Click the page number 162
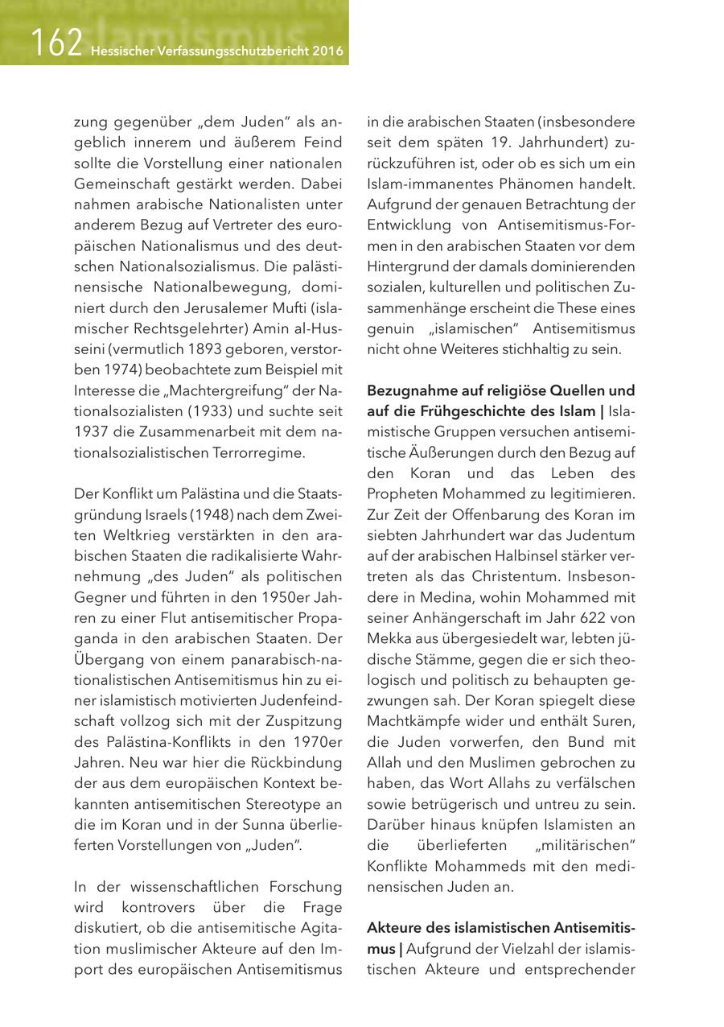tap(56, 43)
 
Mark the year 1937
tap(91, 431)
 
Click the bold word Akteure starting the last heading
tap(394, 929)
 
